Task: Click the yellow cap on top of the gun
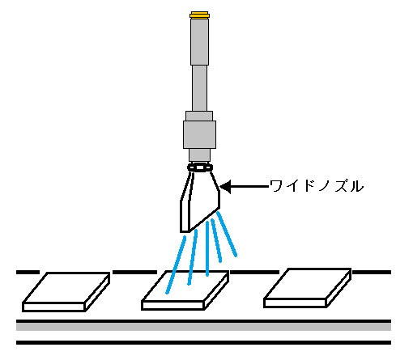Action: (x=199, y=15)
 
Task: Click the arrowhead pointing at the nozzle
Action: (x=226, y=187)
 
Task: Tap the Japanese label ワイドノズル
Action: (x=317, y=186)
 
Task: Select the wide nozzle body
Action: (x=200, y=201)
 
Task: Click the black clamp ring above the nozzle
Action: (x=200, y=167)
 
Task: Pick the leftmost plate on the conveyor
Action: (x=66, y=292)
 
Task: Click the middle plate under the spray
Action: (x=185, y=290)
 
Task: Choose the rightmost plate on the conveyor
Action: (x=308, y=288)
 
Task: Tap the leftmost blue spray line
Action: (x=176, y=265)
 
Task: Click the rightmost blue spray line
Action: (x=227, y=234)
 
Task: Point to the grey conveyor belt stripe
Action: (x=203, y=327)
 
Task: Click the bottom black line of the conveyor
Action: (x=203, y=342)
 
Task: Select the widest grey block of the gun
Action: (x=199, y=134)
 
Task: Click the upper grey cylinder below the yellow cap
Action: (x=199, y=41)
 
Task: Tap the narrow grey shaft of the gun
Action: (x=199, y=88)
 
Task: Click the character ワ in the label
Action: (x=276, y=186)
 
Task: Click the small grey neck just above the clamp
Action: (x=199, y=155)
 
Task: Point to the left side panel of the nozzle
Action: (x=185, y=202)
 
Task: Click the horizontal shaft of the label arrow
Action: (x=250, y=186)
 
